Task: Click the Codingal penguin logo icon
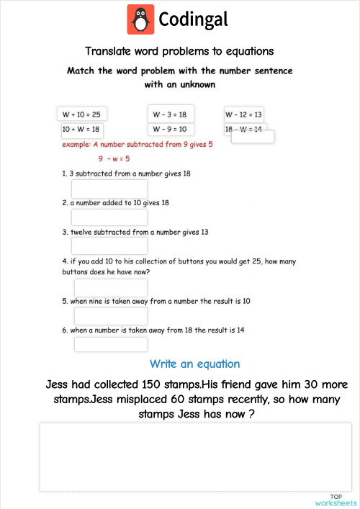(141, 19)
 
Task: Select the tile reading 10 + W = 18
(81, 129)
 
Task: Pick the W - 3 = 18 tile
(169, 114)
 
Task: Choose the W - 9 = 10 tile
(169, 129)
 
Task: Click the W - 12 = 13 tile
(243, 114)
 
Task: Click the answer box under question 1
(109, 189)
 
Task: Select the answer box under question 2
(109, 217)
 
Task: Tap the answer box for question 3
(109, 246)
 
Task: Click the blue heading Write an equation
(194, 364)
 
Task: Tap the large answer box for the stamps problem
(194, 457)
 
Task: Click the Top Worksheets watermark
(336, 500)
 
